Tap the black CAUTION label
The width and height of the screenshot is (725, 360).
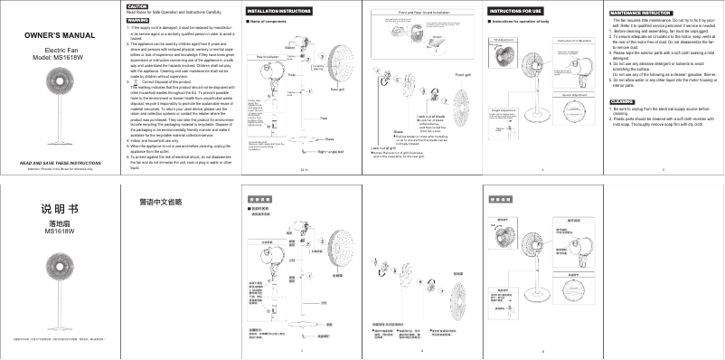tap(137, 5)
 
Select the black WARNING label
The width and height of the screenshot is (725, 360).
tap(138, 18)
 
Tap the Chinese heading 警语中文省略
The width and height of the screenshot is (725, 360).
tap(160, 201)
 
